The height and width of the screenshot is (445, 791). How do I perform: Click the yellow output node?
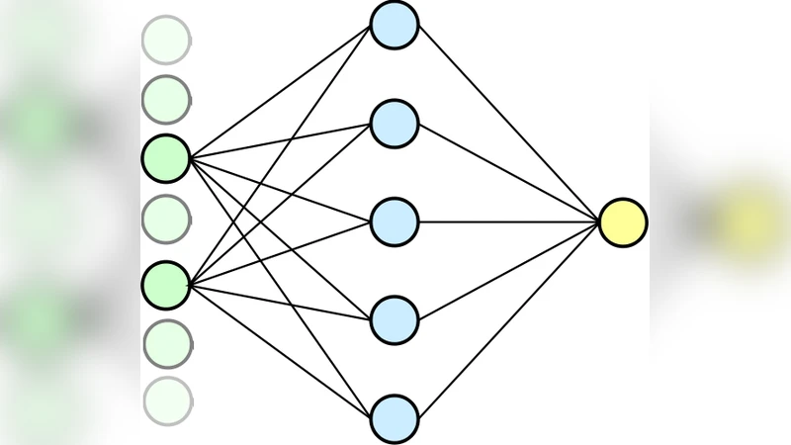coord(623,222)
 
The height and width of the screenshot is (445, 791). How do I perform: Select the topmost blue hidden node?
coord(395,24)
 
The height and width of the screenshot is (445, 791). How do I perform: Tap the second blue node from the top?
coord(395,124)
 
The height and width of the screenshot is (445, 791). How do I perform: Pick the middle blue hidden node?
coord(395,222)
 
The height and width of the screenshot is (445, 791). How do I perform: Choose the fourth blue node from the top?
coord(395,319)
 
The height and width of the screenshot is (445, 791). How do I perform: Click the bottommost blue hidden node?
coord(395,418)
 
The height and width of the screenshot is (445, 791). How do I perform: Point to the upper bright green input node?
coord(166,158)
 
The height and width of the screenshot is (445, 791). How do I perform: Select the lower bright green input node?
coord(166,285)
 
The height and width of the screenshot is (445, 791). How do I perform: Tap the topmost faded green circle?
coord(166,40)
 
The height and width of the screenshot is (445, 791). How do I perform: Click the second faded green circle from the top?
coord(166,99)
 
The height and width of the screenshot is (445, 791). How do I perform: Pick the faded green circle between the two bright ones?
coord(166,220)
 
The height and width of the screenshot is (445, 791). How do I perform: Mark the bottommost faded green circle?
coord(167,401)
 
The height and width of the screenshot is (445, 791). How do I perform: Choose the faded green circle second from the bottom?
coord(167,343)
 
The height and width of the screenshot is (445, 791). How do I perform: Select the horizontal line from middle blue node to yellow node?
coord(508,222)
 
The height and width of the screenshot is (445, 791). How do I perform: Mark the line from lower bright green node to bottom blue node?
coord(280,351)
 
